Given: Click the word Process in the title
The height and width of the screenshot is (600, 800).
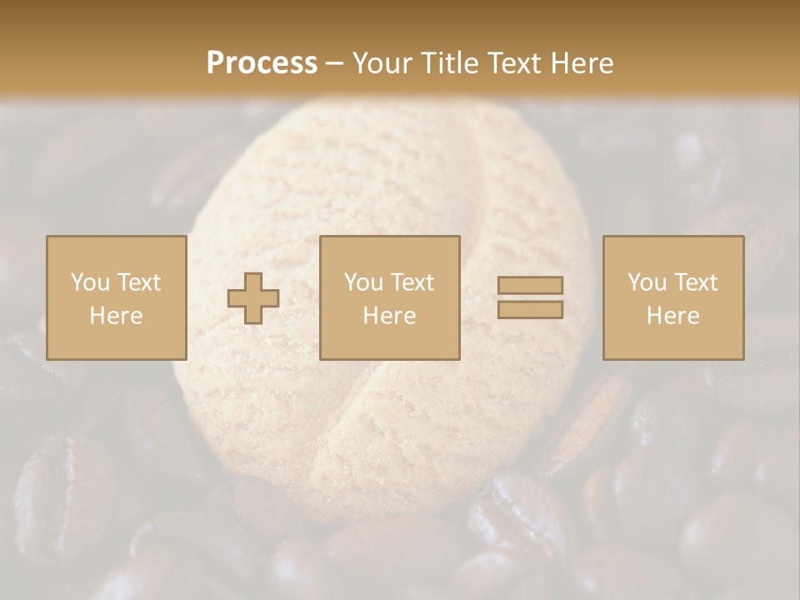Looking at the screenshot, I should point(262,63).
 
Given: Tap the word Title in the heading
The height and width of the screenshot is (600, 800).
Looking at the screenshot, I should point(448,63).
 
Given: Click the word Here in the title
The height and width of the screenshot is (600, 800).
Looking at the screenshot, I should point(582,63).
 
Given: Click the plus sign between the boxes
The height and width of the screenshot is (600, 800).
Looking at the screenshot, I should point(253,298).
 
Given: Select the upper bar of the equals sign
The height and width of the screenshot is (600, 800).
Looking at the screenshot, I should point(530,285).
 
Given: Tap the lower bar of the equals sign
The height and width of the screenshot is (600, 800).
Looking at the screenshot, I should point(530,310).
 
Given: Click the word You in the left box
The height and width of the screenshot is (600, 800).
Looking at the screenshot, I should point(89,282).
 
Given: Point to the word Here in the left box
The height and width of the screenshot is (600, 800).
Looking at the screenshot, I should point(116,316).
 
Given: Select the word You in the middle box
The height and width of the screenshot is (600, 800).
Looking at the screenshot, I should point(362,282).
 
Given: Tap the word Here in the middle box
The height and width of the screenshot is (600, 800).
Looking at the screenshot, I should point(389,316).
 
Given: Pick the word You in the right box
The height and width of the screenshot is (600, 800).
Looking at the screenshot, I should point(646,282).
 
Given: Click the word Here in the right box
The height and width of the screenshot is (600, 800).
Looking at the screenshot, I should point(672,316).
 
